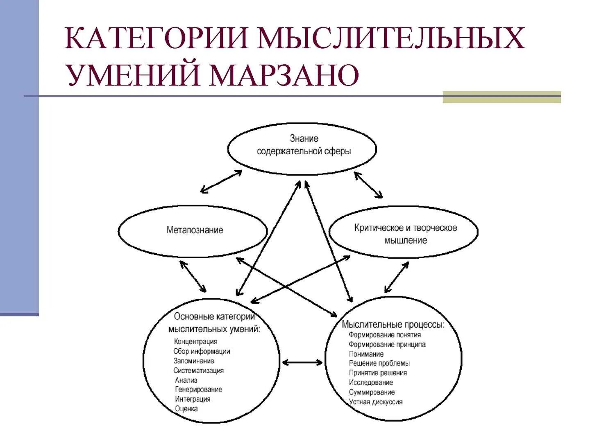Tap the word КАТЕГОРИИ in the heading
(157, 38)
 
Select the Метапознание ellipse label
(195, 230)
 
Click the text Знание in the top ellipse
(304, 138)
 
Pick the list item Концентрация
(195, 342)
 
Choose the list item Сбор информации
(202, 351)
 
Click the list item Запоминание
(193, 361)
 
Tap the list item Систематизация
(198, 370)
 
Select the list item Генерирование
(198, 390)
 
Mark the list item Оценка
(186, 408)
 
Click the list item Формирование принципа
(387, 345)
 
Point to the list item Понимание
(366, 354)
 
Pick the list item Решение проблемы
(379, 363)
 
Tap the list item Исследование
(371, 383)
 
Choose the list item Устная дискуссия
(375, 402)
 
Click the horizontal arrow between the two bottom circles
(302, 362)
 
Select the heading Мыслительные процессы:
(393, 325)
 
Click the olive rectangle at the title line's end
(501, 97)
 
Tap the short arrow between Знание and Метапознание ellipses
(221, 182)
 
